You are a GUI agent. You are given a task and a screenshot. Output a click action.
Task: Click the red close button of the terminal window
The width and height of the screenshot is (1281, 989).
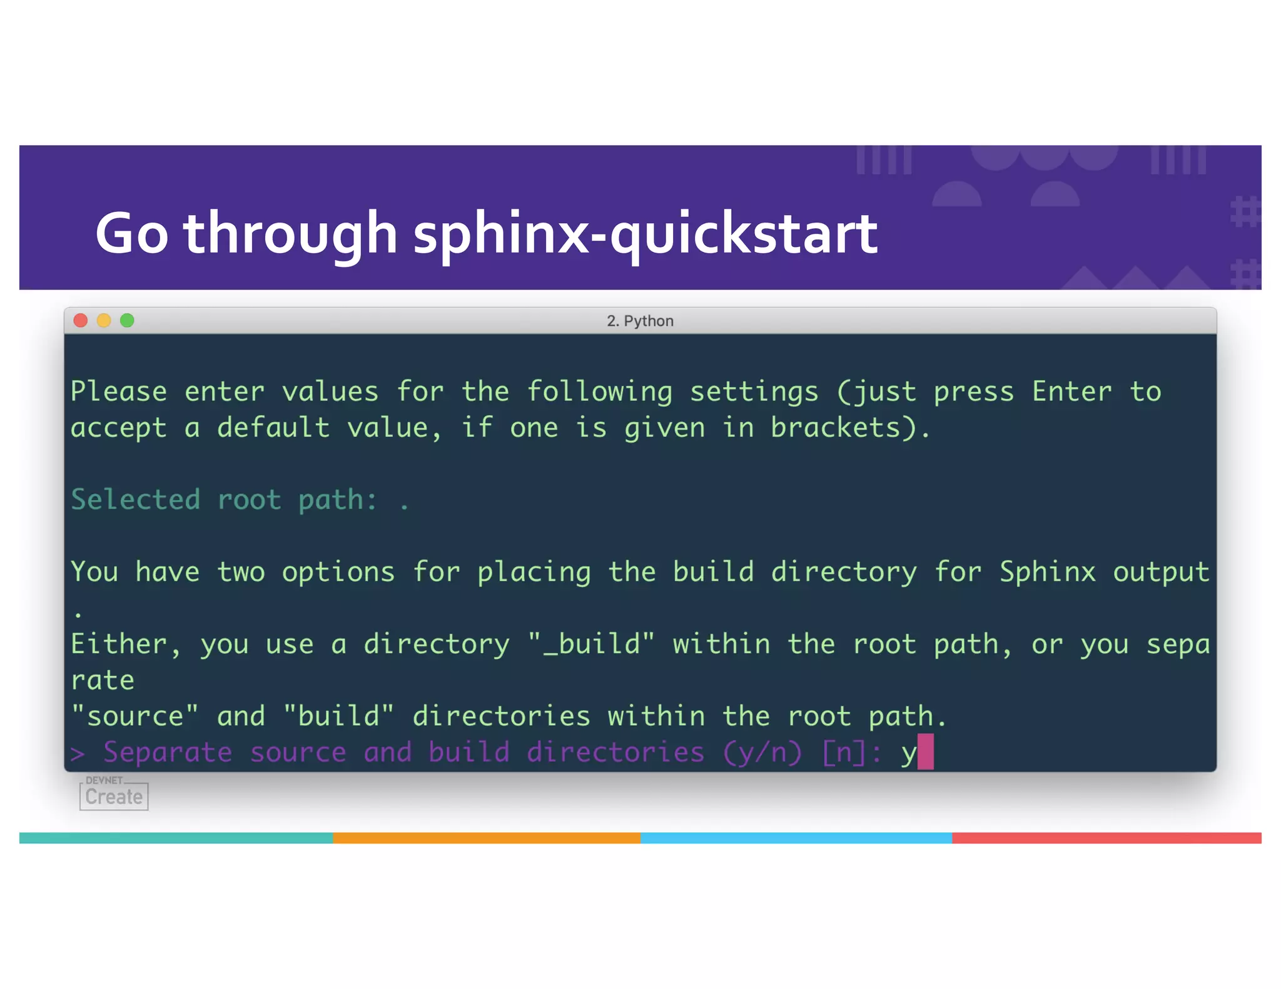click(81, 321)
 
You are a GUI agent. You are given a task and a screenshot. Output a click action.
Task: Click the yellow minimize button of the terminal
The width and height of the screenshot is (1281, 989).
click(104, 321)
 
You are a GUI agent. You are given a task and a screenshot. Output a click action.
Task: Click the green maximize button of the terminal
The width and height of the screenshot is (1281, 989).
click(127, 321)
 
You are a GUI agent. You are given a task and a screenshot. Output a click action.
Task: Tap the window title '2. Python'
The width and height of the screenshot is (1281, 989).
click(640, 321)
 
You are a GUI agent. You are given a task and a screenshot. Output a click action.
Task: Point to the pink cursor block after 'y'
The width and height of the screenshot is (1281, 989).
click(925, 751)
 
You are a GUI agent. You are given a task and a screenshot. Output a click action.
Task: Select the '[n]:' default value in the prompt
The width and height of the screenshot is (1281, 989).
click(851, 752)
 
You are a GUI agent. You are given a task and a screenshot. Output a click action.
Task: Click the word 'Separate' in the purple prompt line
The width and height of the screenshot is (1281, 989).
click(168, 752)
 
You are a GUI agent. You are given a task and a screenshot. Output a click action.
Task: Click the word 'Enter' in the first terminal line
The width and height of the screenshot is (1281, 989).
click(1071, 392)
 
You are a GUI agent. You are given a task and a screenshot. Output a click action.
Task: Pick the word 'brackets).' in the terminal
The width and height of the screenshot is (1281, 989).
click(851, 428)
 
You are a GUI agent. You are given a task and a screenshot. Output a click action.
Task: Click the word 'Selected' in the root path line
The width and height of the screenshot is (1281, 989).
click(136, 500)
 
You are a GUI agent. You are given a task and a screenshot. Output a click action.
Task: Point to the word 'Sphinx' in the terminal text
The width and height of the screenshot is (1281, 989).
click(1047, 572)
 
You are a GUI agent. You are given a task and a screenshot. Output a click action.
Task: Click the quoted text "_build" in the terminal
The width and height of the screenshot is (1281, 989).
click(591, 644)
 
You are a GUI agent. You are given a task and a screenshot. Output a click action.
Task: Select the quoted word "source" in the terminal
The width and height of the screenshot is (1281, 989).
click(135, 716)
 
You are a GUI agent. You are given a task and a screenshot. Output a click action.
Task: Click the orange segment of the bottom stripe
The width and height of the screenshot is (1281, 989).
click(487, 838)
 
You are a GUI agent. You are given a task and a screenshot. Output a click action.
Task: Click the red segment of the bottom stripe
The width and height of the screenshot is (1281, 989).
click(1106, 838)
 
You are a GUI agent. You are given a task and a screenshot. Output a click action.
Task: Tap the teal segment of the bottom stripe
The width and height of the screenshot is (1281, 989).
click(176, 838)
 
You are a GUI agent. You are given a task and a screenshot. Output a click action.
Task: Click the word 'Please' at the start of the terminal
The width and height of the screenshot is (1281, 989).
click(119, 392)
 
